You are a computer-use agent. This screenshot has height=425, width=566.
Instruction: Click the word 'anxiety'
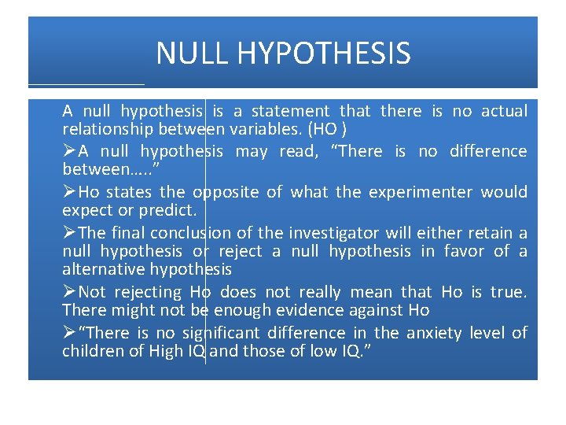(435, 333)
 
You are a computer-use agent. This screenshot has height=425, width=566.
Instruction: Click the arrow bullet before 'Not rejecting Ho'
(69, 292)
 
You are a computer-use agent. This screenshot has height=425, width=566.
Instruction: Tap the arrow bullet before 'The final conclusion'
(69, 233)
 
